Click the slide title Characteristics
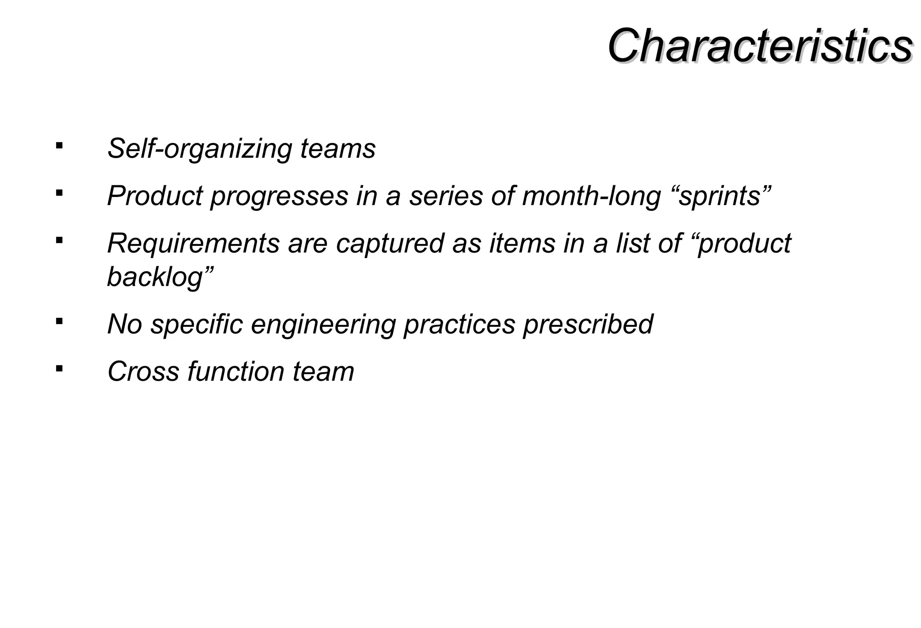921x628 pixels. click(760, 46)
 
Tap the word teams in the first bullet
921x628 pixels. click(338, 148)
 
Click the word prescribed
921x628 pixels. click(588, 324)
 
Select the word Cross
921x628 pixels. click(143, 372)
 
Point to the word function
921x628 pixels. click(236, 372)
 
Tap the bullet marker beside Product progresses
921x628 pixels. click(59, 193)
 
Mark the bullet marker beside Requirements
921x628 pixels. click(59, 240)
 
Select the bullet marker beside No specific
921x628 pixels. click(59, 321)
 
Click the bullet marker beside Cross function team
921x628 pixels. click(59, 369)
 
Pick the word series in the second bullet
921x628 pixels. click(446, 196)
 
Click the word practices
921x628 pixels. click(459, 324)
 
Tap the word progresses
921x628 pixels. click(279, 196)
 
